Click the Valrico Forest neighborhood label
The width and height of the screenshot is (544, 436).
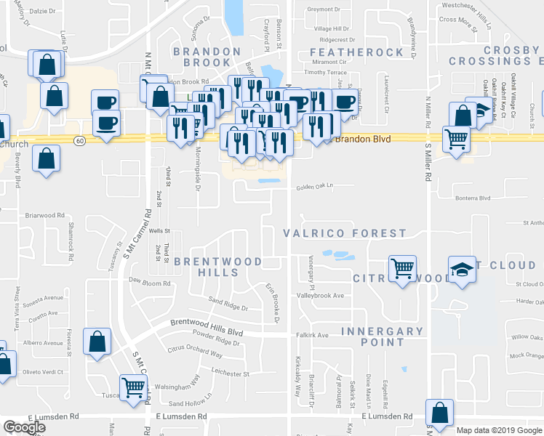(x=344, y=233)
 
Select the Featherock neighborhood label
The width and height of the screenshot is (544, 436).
(x=356, y=52)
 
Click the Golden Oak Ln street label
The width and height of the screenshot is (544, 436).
(x=314, y=187)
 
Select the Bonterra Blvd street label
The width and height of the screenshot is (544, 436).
(x=473, y=198)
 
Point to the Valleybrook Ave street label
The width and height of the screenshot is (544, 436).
(x=319, y=296)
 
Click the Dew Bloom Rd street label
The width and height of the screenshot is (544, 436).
(x=149, y=281)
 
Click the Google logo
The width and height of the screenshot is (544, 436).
(x=24, y=427)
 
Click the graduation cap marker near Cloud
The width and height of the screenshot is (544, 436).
(x=463, y=270)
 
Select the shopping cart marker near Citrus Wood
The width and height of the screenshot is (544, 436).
(x=402, y=269)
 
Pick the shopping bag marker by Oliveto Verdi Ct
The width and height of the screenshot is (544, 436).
(x=97, y=342)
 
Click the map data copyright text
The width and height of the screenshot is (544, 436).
(x=499, y=430)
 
